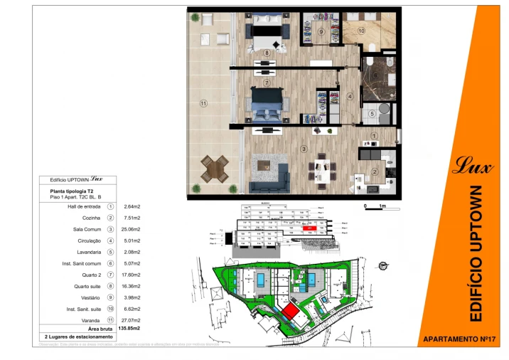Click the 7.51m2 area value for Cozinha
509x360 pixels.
[x=132, y=218]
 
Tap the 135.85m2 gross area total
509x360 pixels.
[x=129, y=329]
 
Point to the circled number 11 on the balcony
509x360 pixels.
[x=203, y=103]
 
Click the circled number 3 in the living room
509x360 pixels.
[x=304, y=149]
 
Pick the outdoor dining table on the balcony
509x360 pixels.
[x=213, y=169]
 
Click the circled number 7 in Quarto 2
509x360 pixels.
[x=265, y=83]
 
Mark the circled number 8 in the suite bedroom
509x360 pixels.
[x=267, y=52]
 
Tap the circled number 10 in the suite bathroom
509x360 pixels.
[x=361, y=31]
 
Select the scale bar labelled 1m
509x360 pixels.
[x=375, y=206]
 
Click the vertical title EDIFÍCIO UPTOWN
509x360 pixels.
[x=477, y=253]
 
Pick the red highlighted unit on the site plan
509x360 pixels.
[x=289, y=312]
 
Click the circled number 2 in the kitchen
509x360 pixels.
[x=374, y=171]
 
